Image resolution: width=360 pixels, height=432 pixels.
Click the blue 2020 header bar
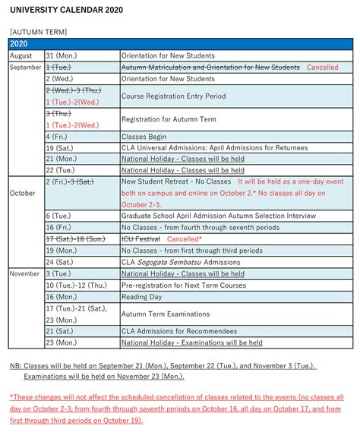[x=180, y=44]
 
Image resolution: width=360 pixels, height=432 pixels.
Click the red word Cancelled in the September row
[x=323, y=68]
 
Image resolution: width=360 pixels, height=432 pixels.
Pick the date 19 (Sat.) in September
[x=60, y=147]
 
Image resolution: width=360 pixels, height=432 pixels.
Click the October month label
[x=23, y=193]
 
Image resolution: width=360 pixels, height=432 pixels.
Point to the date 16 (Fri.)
[x=60, y=227]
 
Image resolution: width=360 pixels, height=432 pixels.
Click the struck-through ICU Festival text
[x=141, y=238]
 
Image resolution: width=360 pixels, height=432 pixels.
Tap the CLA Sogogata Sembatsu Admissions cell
[x=181, y=262]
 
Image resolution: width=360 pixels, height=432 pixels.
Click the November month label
[x=25, y=273]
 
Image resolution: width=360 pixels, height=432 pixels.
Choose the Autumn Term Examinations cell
[x=167, y=314]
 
